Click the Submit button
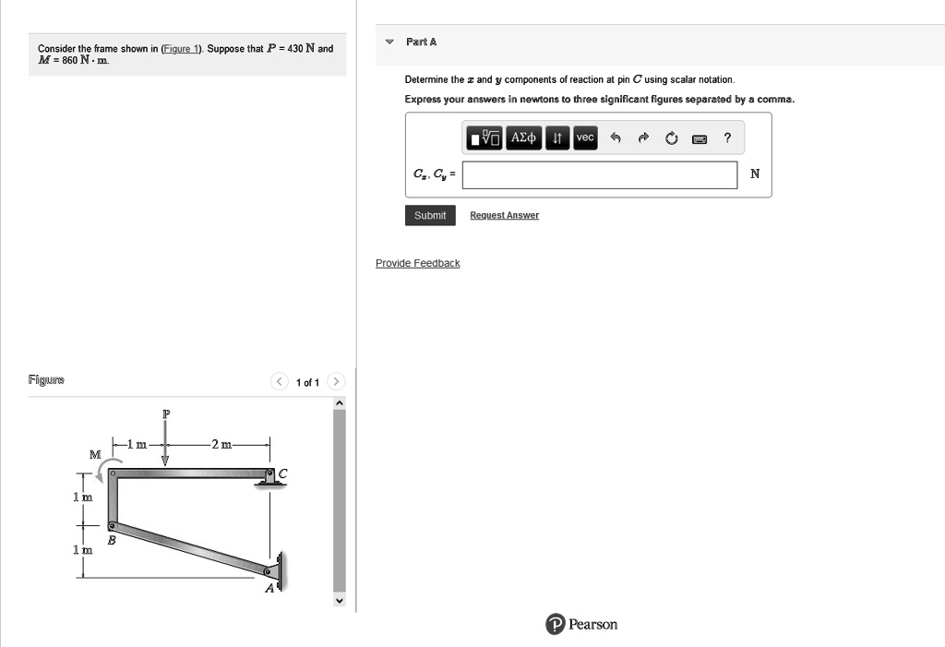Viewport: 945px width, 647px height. tap(430, 215)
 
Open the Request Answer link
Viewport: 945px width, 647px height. tap(504, 215)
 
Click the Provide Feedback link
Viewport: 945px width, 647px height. tap(417, 263)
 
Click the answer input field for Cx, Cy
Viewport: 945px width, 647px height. tap(600, 174)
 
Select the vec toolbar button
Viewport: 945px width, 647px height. tap(585, 138)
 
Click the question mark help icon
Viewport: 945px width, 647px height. tap(727, 138)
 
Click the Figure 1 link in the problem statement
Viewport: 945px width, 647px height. tap(182, 48)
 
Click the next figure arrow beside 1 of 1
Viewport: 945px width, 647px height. tap(337, 381)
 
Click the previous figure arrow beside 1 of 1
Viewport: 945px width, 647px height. tap(279, 381)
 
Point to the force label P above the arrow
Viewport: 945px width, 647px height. tap(166, 414)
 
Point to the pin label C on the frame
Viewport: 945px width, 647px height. tap(282, 473)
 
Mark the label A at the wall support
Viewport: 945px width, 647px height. tap(270, 589)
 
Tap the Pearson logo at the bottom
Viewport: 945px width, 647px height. tap(581, 625)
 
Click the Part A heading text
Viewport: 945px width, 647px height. tap(421, 42)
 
